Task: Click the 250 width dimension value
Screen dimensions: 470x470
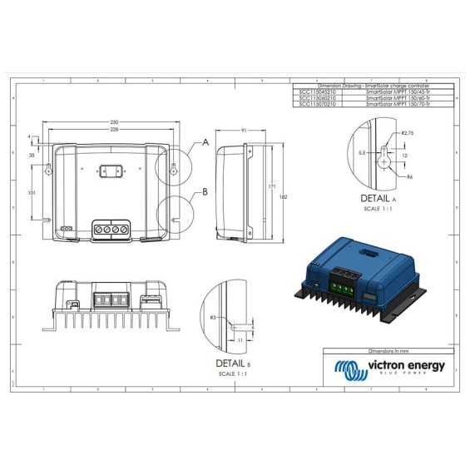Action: pos(114,122)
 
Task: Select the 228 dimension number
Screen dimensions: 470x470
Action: pos(114,130)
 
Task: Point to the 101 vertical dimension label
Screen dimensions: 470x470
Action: pos(32,192)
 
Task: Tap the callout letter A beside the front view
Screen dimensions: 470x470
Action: pos(205,143)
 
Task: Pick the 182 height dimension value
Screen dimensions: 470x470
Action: pos(284,196)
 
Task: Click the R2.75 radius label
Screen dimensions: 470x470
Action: pos(408,133)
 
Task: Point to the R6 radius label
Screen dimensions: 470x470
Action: pos(411,176)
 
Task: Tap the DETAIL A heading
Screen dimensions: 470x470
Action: pos(379,200)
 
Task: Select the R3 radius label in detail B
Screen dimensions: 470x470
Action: pos(213,318)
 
